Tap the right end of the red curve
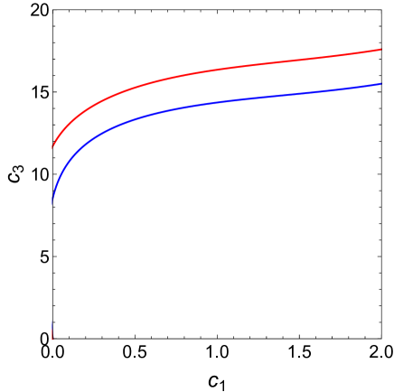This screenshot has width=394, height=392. (x=380, y=50)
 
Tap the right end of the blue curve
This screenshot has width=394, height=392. (x=380, y=84)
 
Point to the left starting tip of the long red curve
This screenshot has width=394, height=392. (x=52, y=147)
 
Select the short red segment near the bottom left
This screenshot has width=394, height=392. (x=52, y=338)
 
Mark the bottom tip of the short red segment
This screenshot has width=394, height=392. (x=52, y=341)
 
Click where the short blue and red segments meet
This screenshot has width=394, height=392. (x=52, y=334)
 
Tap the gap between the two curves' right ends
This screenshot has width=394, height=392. (x=380, y=67)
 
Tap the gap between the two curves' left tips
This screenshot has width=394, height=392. (x=52, y=176)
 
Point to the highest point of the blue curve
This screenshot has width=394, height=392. (x=380, y=84)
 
